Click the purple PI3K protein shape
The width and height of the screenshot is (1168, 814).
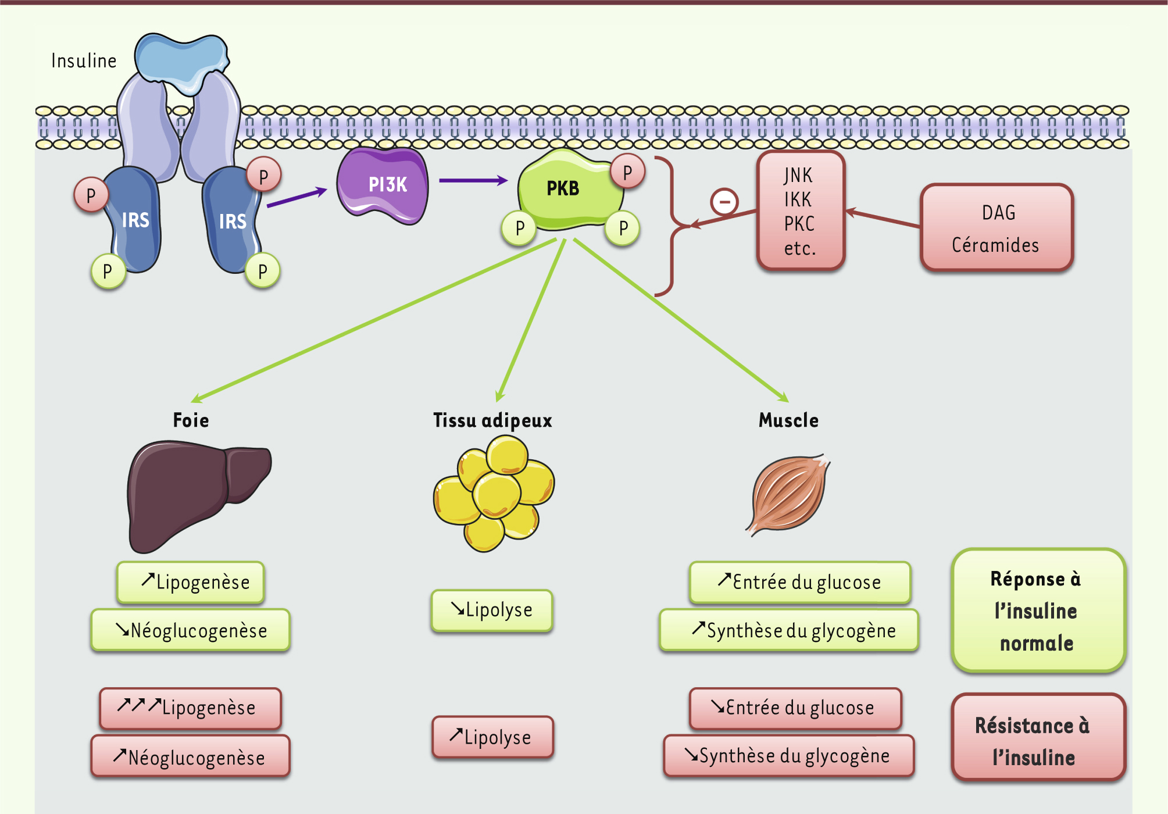384,185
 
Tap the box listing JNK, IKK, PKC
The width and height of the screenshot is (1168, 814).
801,211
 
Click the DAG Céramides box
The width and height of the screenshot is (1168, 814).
996,228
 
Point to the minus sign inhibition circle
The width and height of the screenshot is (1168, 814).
724,202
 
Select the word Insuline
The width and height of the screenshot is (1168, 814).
84,61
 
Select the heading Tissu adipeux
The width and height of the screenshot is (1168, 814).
492,420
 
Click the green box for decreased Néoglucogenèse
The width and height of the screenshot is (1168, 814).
191,630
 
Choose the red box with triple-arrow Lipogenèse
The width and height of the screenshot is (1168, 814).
191,708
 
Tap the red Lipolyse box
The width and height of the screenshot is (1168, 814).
492,737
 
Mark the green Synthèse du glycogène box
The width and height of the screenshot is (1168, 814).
789,630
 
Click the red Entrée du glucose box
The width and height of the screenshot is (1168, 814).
795,708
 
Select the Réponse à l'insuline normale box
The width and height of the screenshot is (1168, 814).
1038,610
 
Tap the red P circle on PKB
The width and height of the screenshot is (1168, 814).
627,172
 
